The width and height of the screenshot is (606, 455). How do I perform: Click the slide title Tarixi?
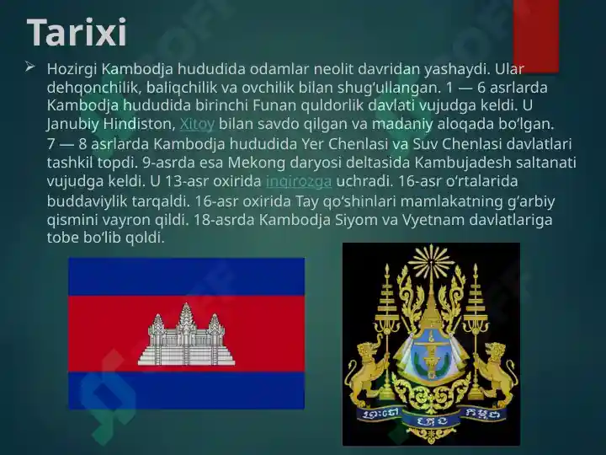[x=77, y=32]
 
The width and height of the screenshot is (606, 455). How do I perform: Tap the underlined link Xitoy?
[x=197, y=124]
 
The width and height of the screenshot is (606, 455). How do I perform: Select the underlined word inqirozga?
[x=299, y=181]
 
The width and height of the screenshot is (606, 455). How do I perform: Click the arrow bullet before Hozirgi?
[x=30, y=67]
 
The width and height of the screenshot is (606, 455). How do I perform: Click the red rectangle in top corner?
[x=536, y=36]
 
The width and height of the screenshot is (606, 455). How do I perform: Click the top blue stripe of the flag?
[x=187, y=276]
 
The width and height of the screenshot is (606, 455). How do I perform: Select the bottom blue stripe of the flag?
[x=187, y=390]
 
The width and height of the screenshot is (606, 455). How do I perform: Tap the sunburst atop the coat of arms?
[x=431, y=263]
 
